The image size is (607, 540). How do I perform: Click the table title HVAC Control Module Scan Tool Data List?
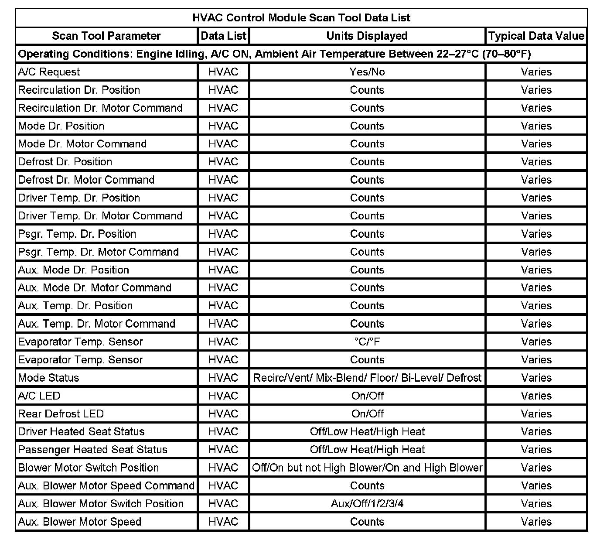tap(301, 18)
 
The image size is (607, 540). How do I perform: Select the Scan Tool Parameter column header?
tap(106, 36)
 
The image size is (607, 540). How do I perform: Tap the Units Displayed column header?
tap(367, 36)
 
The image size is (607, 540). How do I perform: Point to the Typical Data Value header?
tap(536, 36)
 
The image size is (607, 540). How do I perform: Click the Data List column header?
tap(223, 36)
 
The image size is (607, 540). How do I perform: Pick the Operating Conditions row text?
tap(274, 54)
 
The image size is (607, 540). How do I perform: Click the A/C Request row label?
tap(49, 72)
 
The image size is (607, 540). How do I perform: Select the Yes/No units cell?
tap(367, 72)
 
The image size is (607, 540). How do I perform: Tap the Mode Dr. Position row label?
tap(61, 126)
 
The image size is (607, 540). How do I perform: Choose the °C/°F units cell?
tap(367, 342)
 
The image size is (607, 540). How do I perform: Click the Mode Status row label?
tap(49, 378)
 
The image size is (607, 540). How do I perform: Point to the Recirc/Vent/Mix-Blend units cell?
tap(367, 378)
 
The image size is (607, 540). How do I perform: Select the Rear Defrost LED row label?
tap(61, 414)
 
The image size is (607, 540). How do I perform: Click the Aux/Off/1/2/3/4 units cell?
tap(367, 504)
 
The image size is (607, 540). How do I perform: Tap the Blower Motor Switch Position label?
tap(89, 468)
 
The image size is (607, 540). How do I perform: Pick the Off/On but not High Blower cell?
tap(367, 468)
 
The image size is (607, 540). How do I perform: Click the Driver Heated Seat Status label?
tap(82, 432)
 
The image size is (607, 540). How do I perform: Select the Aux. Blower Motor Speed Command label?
tap(106, 486)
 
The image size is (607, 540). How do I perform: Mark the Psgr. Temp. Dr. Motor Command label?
tap(99, 252)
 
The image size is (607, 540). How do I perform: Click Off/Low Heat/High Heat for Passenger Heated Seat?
tap(367, 450)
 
